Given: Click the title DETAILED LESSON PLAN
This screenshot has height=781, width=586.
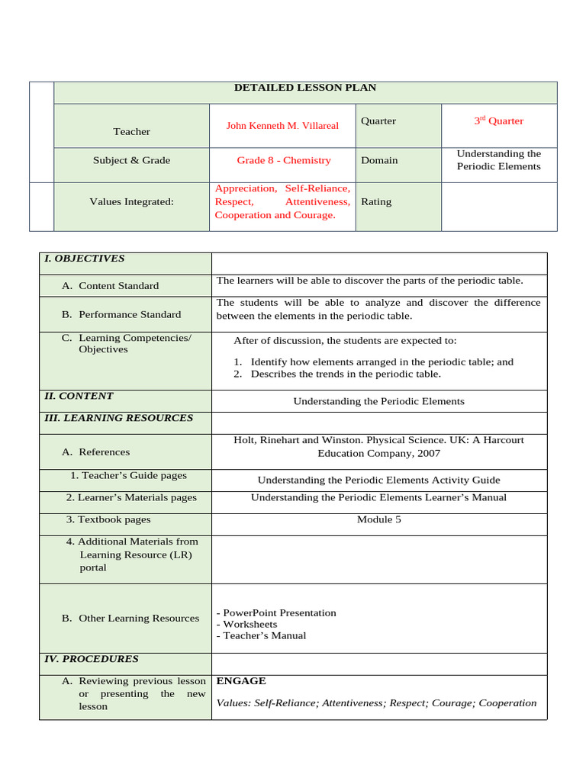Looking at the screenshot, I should tap(304, 88).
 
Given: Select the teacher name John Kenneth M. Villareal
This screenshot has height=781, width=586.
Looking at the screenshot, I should tap(282, 125).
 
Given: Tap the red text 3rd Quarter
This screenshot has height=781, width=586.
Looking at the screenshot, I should tap(498, 121).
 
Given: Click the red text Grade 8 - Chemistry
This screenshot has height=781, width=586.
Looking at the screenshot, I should tap(283, 160).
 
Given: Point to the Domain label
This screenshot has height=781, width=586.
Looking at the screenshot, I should tap(378, 160).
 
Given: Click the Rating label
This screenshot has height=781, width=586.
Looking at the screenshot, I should tap(376, 201).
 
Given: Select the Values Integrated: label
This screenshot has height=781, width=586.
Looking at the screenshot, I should tap(131, 201).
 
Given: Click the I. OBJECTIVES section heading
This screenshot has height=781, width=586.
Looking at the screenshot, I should tap(84, 259).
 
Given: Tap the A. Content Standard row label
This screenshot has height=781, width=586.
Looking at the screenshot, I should tap(110, 286).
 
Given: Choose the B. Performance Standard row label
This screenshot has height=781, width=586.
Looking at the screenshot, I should tap(121, 314).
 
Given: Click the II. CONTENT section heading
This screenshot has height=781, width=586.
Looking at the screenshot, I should tap(79, 396).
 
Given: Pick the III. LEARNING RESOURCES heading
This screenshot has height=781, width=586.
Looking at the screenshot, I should tap(118, 418).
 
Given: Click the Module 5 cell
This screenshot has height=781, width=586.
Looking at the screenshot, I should tap(378, 519).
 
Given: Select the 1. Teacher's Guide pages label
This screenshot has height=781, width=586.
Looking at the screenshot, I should tap(128, 475).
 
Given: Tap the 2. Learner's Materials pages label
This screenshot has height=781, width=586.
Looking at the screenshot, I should tap(131, 497).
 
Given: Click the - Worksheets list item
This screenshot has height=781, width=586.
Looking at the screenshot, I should tap(246, 624).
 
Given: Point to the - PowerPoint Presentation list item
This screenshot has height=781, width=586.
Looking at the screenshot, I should tap(276, 612).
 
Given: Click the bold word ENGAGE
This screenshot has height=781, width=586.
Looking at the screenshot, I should tap(241, 681).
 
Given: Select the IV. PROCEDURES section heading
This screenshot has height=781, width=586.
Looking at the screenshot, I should tap(91, 658).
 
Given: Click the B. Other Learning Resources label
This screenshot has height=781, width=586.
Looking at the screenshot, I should tap(130, 619).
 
